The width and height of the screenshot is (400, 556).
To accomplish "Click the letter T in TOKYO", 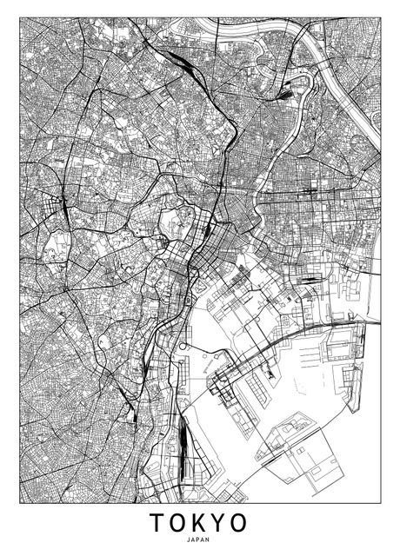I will click(x=157, y=523).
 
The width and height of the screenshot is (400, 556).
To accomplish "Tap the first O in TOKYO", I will click(x=179, y=523).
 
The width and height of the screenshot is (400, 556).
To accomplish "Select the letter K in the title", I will click(x=201, y=523).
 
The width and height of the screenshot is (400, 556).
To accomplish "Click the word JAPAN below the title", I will click(x=199, y=539).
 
